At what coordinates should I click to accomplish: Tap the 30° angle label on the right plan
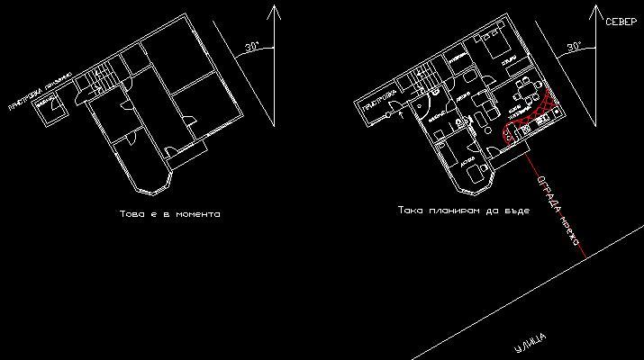coord(574,46)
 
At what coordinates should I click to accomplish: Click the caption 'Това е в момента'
coord(169,214)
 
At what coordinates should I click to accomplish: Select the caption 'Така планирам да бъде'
coord(463,210)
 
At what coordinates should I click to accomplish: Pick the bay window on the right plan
coord(476,179)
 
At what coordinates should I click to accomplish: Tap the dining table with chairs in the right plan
coord(523,90)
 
